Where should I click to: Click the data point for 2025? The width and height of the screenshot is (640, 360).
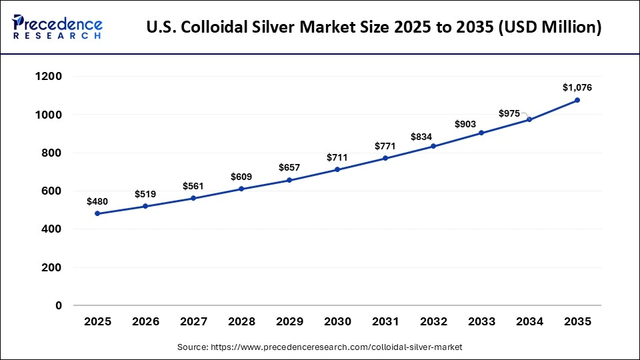[x=97, y=213]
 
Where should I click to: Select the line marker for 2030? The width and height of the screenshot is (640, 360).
[x=337, y=169]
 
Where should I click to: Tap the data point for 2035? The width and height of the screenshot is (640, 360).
[x=577, y=100]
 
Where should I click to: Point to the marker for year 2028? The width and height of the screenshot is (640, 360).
[x=241, y=189]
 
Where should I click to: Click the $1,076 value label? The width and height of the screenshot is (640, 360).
[x=577, y=87]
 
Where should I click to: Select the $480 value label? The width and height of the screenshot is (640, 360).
[x=97, y=201]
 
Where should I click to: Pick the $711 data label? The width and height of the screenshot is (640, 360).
[x=337, y=157]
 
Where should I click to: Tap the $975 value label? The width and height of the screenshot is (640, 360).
[x=509, y=114]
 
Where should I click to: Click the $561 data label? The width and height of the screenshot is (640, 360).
[x=193, y=185]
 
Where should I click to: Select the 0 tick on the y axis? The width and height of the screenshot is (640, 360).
[x=59, y=306]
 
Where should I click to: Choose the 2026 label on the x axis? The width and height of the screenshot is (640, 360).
[x=145, y=322]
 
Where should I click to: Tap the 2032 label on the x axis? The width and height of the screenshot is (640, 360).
[x=433, y=322]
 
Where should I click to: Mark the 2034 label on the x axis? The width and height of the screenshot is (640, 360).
[x=529, y=322]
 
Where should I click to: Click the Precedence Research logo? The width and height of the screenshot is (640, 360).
[x=57, y=27]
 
